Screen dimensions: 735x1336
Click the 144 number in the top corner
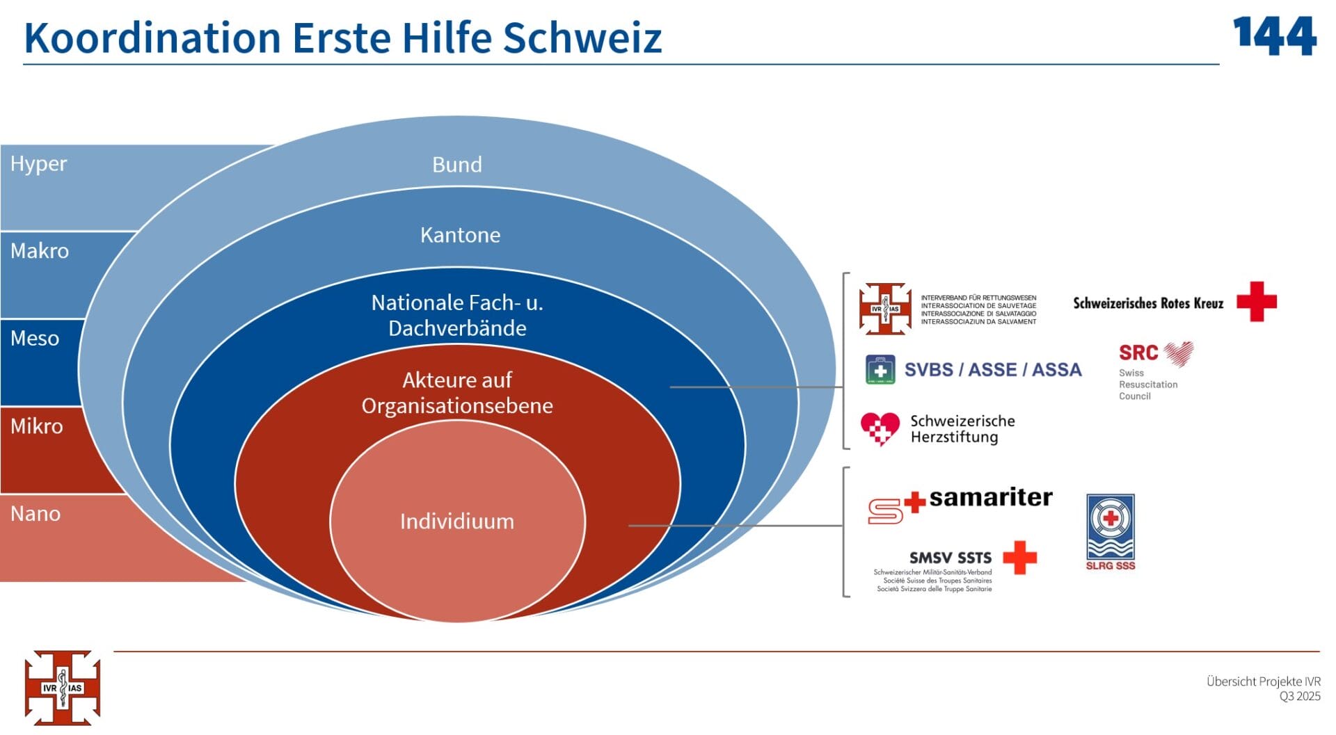coord(1274,36)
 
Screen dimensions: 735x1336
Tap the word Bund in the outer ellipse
coord(456,165)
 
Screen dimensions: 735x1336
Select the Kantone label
coord(460,235)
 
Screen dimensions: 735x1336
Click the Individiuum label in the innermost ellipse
coord(456,522)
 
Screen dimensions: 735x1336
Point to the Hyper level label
coord(38,164)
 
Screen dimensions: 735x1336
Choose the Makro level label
coord(40,251)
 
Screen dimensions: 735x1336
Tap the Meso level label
coord(35,339)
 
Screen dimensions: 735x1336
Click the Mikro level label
coord(37,426)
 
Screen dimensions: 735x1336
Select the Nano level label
coord(35,514)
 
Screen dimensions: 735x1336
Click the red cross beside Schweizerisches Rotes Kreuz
coord(1256,302)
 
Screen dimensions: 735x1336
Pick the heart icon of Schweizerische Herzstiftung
coord(880,428)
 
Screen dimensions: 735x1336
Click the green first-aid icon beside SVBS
coord(880,370)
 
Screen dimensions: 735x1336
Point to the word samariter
coord(990,498)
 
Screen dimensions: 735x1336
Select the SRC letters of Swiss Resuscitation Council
coord(1138,353)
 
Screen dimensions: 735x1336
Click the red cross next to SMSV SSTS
coord(1019,558)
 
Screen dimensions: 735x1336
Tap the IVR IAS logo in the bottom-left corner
coord(63,688)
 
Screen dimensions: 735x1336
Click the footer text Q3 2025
coord(1299,697)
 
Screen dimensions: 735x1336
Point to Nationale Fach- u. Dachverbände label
coord(457,315)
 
